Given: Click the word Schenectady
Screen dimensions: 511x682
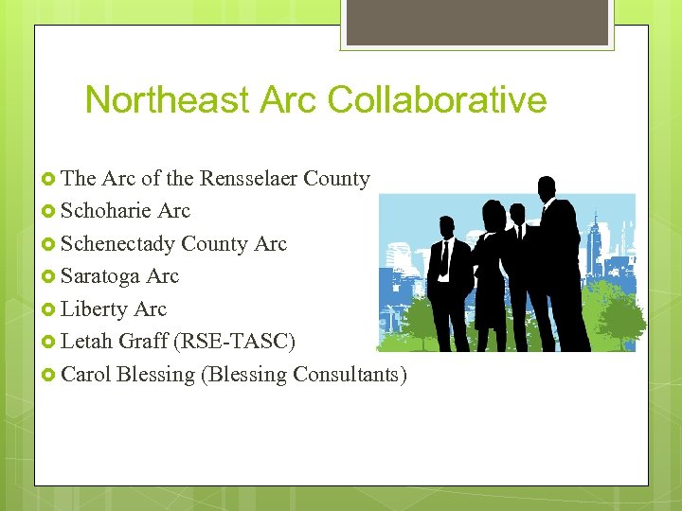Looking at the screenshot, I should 117,243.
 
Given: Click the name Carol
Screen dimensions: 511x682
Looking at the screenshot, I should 86,375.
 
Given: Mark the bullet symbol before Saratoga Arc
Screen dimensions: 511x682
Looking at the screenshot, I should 50,276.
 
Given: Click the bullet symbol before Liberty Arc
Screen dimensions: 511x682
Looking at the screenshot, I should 50,309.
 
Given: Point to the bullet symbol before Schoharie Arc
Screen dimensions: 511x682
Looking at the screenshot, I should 50,211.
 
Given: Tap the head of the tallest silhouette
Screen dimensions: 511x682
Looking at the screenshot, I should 546,187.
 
